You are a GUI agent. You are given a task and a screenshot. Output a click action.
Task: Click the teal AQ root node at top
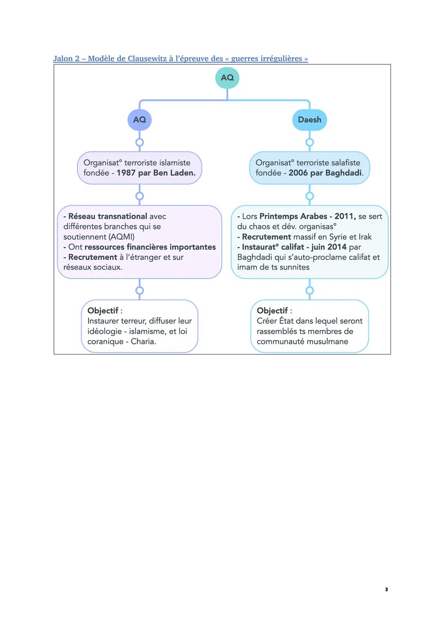coord(227,78)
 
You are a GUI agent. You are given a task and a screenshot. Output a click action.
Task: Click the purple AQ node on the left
coord(139,120)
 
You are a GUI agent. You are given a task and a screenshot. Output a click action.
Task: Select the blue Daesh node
coord(310,120)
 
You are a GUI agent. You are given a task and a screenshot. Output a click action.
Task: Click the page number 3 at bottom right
coord(386,589)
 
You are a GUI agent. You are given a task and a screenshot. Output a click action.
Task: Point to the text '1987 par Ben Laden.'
coord(156,173)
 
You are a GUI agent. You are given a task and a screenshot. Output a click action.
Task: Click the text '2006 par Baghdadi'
coord(325,173)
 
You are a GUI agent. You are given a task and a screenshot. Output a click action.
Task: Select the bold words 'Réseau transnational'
coord(107,216)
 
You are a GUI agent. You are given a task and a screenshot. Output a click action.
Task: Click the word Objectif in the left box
coord(103,310)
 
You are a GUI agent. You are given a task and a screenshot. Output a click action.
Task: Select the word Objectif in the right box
coord(272,310)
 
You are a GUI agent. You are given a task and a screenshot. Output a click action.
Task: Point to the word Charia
coord(143,341)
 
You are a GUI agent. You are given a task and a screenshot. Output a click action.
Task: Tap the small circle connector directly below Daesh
coord(310,142)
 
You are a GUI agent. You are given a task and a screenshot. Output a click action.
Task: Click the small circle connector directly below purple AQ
coord(139,142)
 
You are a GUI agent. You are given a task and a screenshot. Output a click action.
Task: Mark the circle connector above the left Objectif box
coord(139,290)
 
